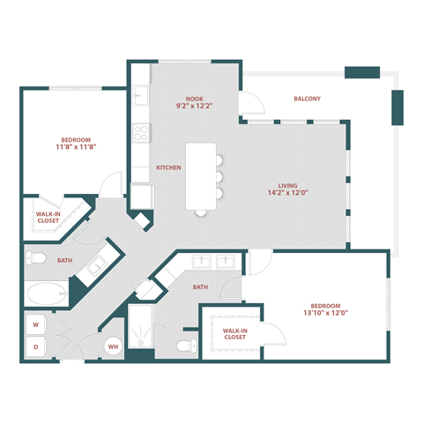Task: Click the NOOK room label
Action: (195, 98)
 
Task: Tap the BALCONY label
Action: (307, 99)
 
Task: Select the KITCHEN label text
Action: (168, 167)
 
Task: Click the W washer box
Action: (36, 323)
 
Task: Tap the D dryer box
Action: (36, 347)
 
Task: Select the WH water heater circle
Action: (113, 347)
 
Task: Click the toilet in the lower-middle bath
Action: (185, 345)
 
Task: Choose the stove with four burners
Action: (141, 133)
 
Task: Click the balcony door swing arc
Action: (253, 103)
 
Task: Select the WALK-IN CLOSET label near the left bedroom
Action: (49, 217)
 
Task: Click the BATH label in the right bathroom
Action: (201, 286)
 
